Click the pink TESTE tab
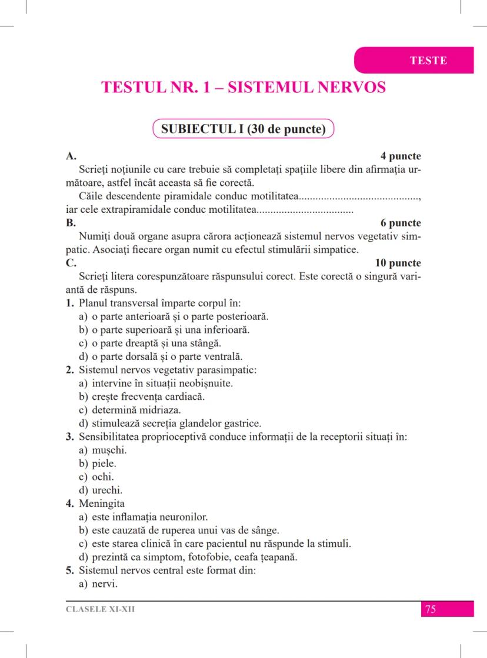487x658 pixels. click(x=428, y=61)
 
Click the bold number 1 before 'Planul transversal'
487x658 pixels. click(x=69, y=303)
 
